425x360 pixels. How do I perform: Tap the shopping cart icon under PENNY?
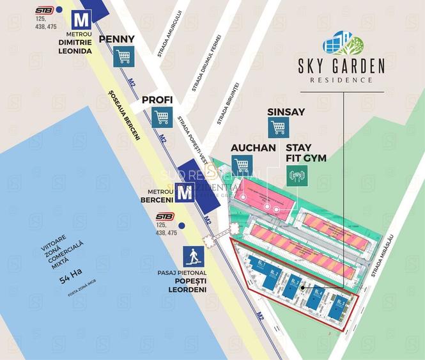pos(124,57)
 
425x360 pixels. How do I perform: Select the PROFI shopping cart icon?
pos(162,116)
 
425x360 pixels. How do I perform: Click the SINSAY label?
pos(286,111)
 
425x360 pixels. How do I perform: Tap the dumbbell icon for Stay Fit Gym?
pos(298,175)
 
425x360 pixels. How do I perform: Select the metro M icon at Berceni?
pos(185,192)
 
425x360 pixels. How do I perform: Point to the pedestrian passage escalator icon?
pos(192,256)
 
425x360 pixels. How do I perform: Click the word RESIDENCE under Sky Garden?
pos(341,80)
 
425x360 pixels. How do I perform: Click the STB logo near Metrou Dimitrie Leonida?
pos(44,10)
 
